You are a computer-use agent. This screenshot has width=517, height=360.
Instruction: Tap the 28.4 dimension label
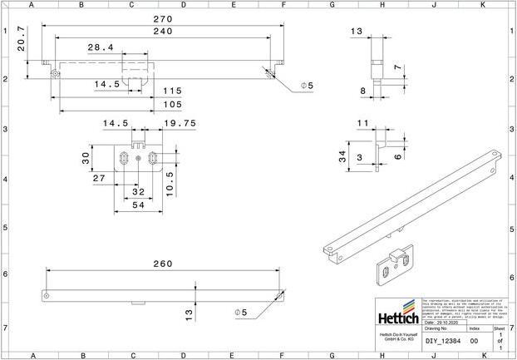[101, 48]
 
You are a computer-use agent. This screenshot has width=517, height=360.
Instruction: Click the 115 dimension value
[172, 91]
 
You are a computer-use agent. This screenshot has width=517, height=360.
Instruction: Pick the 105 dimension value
[172, 104]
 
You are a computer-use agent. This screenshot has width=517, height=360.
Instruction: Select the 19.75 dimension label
[179, 123]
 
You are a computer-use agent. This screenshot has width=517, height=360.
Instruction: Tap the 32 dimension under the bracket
[138, 191]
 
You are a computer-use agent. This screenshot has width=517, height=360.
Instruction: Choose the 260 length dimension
[162, 264]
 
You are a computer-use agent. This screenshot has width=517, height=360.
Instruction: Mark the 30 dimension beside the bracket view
[86, 159]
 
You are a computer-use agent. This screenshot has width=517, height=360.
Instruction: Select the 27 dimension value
[98, 179]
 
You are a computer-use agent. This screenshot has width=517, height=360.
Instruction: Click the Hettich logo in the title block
[398, 317]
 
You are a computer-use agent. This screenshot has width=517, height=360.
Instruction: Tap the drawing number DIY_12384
[442, 341]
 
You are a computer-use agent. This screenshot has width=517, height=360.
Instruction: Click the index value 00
[474, 341]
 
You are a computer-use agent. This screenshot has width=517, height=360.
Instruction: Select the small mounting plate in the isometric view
[396, 264]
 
